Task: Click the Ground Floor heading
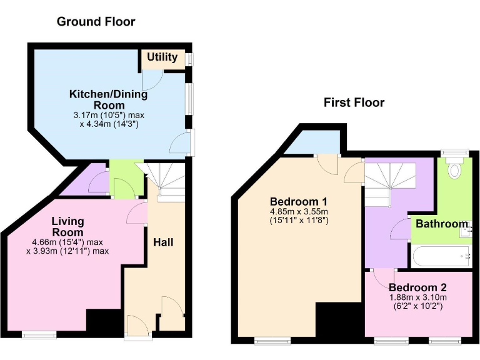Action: point(96,22)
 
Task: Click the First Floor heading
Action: point(354,102)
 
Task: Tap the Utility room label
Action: point(162,57)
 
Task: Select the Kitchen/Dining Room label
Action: point(108,99)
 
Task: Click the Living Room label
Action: point(67,226)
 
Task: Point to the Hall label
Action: point(163,242)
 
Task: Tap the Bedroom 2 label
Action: point(417,287)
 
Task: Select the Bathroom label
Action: point(442,224)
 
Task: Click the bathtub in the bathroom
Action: point(441,254)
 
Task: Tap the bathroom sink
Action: point(465,232)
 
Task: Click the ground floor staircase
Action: point(167,181)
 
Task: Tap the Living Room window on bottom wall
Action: point(39,335)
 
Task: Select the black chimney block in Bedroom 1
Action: point(337,322)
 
